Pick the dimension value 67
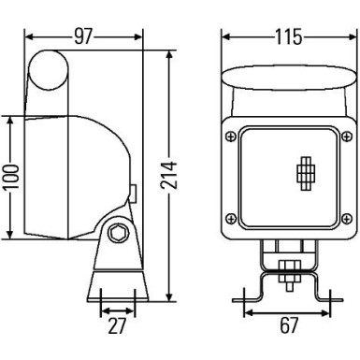tap(289, 327)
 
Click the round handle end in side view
tap(47, 71)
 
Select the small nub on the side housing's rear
tap(136, 194)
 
